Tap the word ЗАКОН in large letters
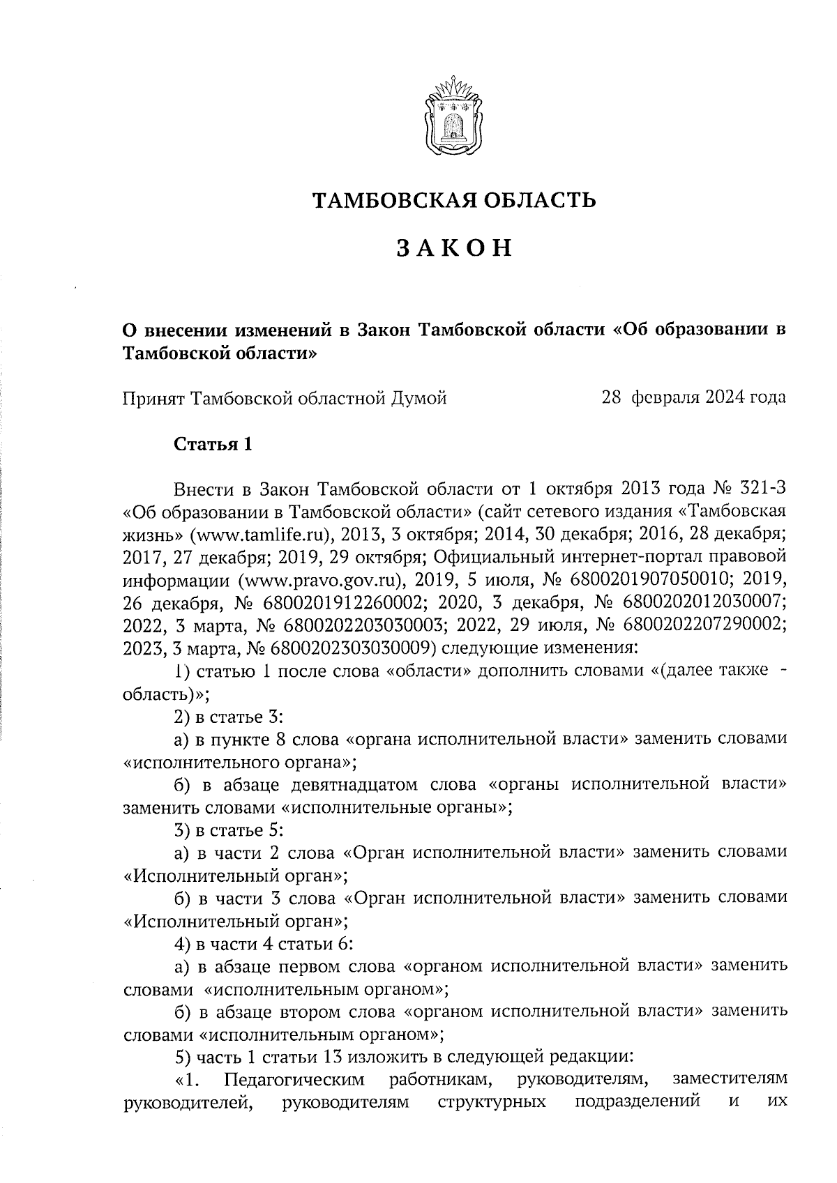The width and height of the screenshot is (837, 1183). tap(454, 248)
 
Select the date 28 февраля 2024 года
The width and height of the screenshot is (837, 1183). tap(693, 398)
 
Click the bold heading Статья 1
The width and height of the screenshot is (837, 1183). tap(212, 444)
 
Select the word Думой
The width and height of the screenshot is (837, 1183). tap(419, 398)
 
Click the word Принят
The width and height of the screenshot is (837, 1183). tap(153, 399)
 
